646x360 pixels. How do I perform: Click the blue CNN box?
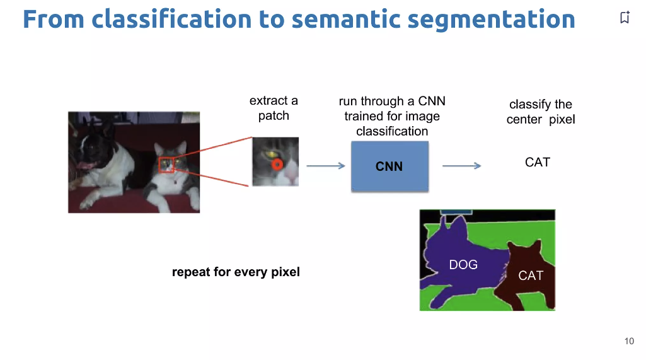coord(389,166)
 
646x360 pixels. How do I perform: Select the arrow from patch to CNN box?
coord(325,166)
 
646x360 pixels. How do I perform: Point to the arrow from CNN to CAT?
coord(461,166)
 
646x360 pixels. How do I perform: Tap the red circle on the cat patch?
coord(277,165)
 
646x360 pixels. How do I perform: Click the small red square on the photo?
coord(166,165)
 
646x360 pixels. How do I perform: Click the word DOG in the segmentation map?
coord(463,265)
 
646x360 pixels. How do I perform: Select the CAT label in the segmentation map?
coord(530,276)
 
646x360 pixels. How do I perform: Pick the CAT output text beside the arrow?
coord(537,162)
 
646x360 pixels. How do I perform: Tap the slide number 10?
coord(629,341)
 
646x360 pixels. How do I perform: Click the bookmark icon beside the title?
coord(625,18)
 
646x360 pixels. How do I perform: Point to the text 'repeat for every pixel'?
coord(236,272)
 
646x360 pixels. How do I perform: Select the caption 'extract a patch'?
coord(274,108)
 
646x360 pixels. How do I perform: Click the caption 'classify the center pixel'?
coord(541,112)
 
